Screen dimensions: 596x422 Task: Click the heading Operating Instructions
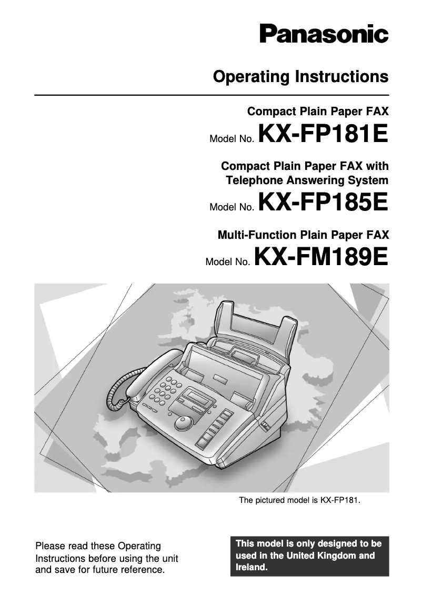(x=300, y=77)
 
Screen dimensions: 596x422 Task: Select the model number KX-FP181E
(x=324, y=134)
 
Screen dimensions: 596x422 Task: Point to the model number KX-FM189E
(x=321, y=257)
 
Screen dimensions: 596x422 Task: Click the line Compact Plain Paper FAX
(x=318, y=111)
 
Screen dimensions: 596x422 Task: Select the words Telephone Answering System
(x=307, y=180)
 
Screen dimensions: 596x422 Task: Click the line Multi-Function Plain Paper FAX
(x=303, y=234)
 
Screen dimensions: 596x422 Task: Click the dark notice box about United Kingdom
(x=309, y=555)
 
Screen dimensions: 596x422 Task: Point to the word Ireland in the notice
(x=252, y=568)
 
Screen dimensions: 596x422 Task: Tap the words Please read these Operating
(x=98, y=546)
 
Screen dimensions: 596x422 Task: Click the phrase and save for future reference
(x=100, y=569)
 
